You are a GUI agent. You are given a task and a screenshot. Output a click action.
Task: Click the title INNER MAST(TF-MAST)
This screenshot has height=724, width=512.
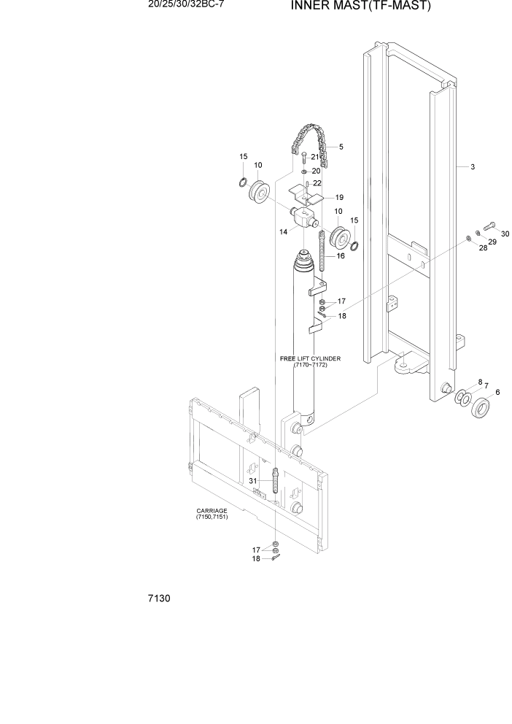[x=361, y=7]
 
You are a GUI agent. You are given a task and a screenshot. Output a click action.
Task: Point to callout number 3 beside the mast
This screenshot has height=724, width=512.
[x=473, y=167]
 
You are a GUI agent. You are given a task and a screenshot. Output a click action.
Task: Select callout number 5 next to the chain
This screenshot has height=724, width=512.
[x=341, y=147]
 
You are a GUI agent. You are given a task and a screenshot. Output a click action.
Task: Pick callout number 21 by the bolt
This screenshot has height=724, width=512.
[x=315, y=157]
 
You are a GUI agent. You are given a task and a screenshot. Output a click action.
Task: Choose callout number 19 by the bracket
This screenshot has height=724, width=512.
[x=339, y=197]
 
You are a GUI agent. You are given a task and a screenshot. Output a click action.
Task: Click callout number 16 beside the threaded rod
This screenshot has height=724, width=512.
[x=340, y=256]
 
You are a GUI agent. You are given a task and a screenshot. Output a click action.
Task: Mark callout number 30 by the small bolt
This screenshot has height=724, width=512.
[x=505, y=234]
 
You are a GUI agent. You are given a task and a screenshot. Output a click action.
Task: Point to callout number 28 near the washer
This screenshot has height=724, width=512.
[x=482, y=248]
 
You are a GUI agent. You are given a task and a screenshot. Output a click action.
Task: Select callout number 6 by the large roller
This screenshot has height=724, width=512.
[x=497, y=393]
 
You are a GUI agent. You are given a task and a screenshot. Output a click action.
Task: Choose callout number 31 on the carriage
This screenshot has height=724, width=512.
[x=252, y=481]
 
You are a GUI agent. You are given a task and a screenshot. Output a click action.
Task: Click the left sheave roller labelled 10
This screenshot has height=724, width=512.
[x=260, y=193]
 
